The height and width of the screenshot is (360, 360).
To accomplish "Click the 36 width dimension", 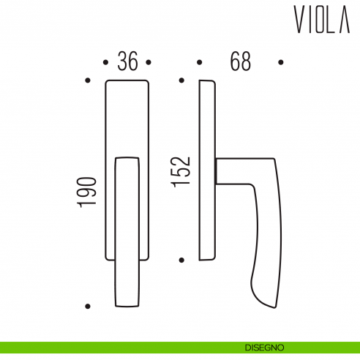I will [128, 62].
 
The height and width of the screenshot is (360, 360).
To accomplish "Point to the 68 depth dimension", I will [239, 62].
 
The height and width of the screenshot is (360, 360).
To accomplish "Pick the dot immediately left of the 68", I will [198, 62].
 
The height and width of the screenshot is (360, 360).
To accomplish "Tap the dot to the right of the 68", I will [280, 62].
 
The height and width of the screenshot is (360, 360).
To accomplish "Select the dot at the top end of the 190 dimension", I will [88, 80].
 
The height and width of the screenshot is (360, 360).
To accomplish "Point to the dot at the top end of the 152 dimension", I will [181, 80].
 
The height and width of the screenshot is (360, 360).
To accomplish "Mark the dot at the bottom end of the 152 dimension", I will [181, 259].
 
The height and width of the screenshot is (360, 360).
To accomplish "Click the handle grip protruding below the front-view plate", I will [128, 285].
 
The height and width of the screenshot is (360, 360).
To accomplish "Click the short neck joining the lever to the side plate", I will [218, 172].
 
